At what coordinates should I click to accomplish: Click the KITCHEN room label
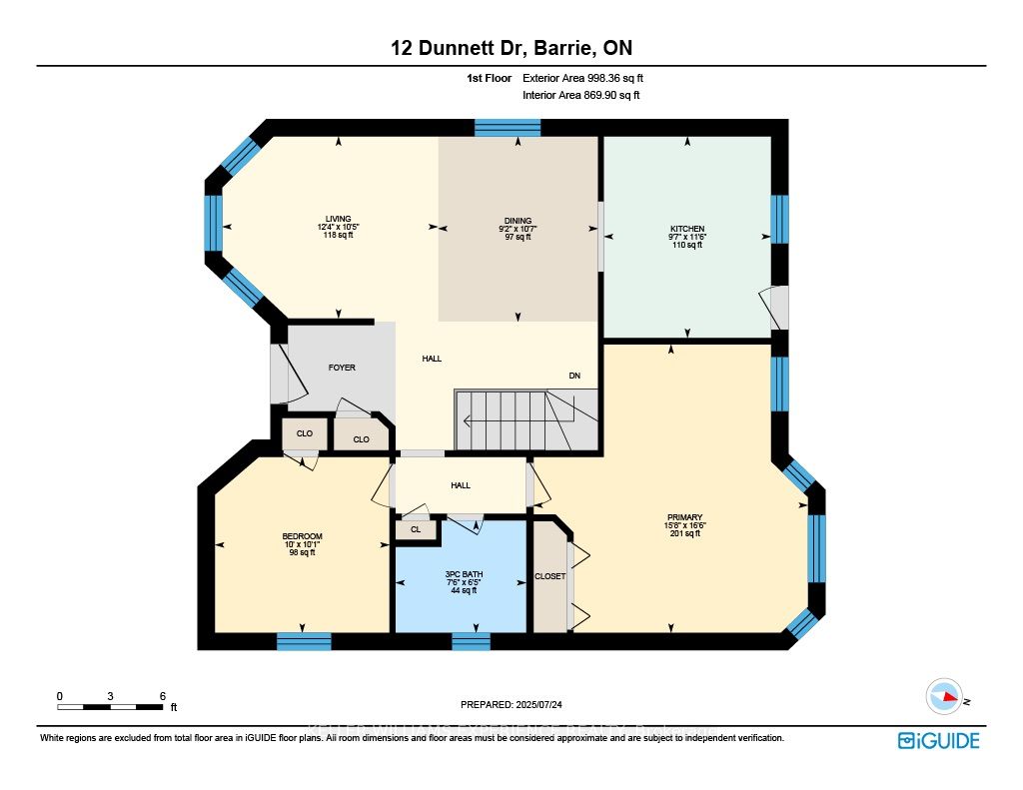(686, 230)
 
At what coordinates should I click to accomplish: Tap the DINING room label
(517, 221)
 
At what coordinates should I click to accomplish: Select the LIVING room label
(338, 219)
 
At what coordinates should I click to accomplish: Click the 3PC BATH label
(461, 573)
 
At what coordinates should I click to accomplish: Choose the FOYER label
(342, 368)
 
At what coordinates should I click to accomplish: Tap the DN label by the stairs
(574, 377)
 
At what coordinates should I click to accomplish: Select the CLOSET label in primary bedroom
(549, 576)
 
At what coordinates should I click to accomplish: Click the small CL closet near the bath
(416, 530)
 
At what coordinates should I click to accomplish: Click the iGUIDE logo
(938, 740)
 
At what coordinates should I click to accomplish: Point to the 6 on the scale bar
(162, 696)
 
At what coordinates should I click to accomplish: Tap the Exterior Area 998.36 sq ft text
(590, 78)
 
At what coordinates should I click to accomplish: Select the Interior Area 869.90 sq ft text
(580, 96)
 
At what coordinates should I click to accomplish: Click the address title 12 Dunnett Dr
(511, 48)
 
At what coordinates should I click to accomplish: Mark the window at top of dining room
(507, 127)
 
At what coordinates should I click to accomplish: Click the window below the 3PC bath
(471, 641)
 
